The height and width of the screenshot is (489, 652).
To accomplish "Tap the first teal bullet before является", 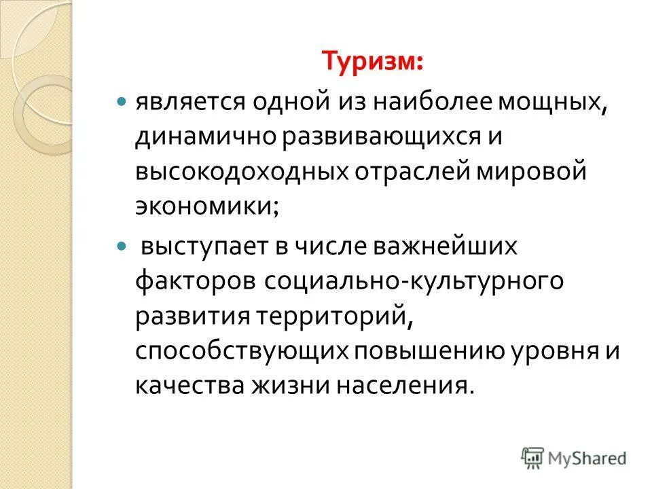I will tap(122, 100).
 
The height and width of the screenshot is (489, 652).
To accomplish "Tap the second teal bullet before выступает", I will tap(122, 244).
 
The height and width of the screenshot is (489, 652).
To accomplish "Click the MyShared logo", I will tap(574, 457).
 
